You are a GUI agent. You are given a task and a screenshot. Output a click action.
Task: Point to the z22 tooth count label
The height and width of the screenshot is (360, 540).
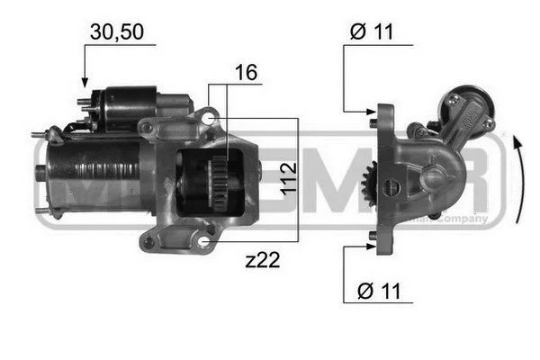click(261, 261)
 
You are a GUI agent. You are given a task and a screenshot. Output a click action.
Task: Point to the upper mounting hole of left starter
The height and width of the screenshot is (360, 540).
click(209, 117)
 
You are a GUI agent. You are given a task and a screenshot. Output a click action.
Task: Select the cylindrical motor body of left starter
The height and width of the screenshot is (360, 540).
click(90, 175)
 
